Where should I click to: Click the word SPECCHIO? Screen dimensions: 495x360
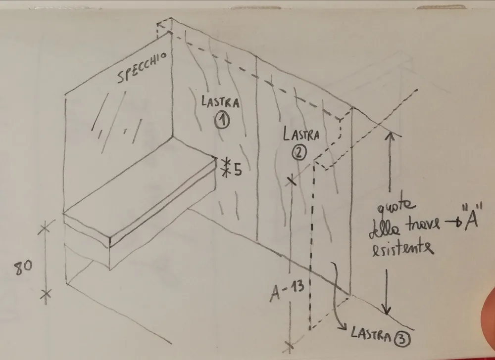[142, 67]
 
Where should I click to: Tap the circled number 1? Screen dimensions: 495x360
[222, 121]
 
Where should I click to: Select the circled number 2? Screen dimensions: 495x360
[298, 153]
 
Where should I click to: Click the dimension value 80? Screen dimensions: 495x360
[23, 268]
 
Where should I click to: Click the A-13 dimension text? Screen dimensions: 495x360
[287, 291]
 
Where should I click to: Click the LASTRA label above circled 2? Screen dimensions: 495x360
[301, 135]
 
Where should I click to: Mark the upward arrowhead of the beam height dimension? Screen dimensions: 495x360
[390, 136]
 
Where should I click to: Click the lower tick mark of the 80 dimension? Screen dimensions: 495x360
[46, 294]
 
